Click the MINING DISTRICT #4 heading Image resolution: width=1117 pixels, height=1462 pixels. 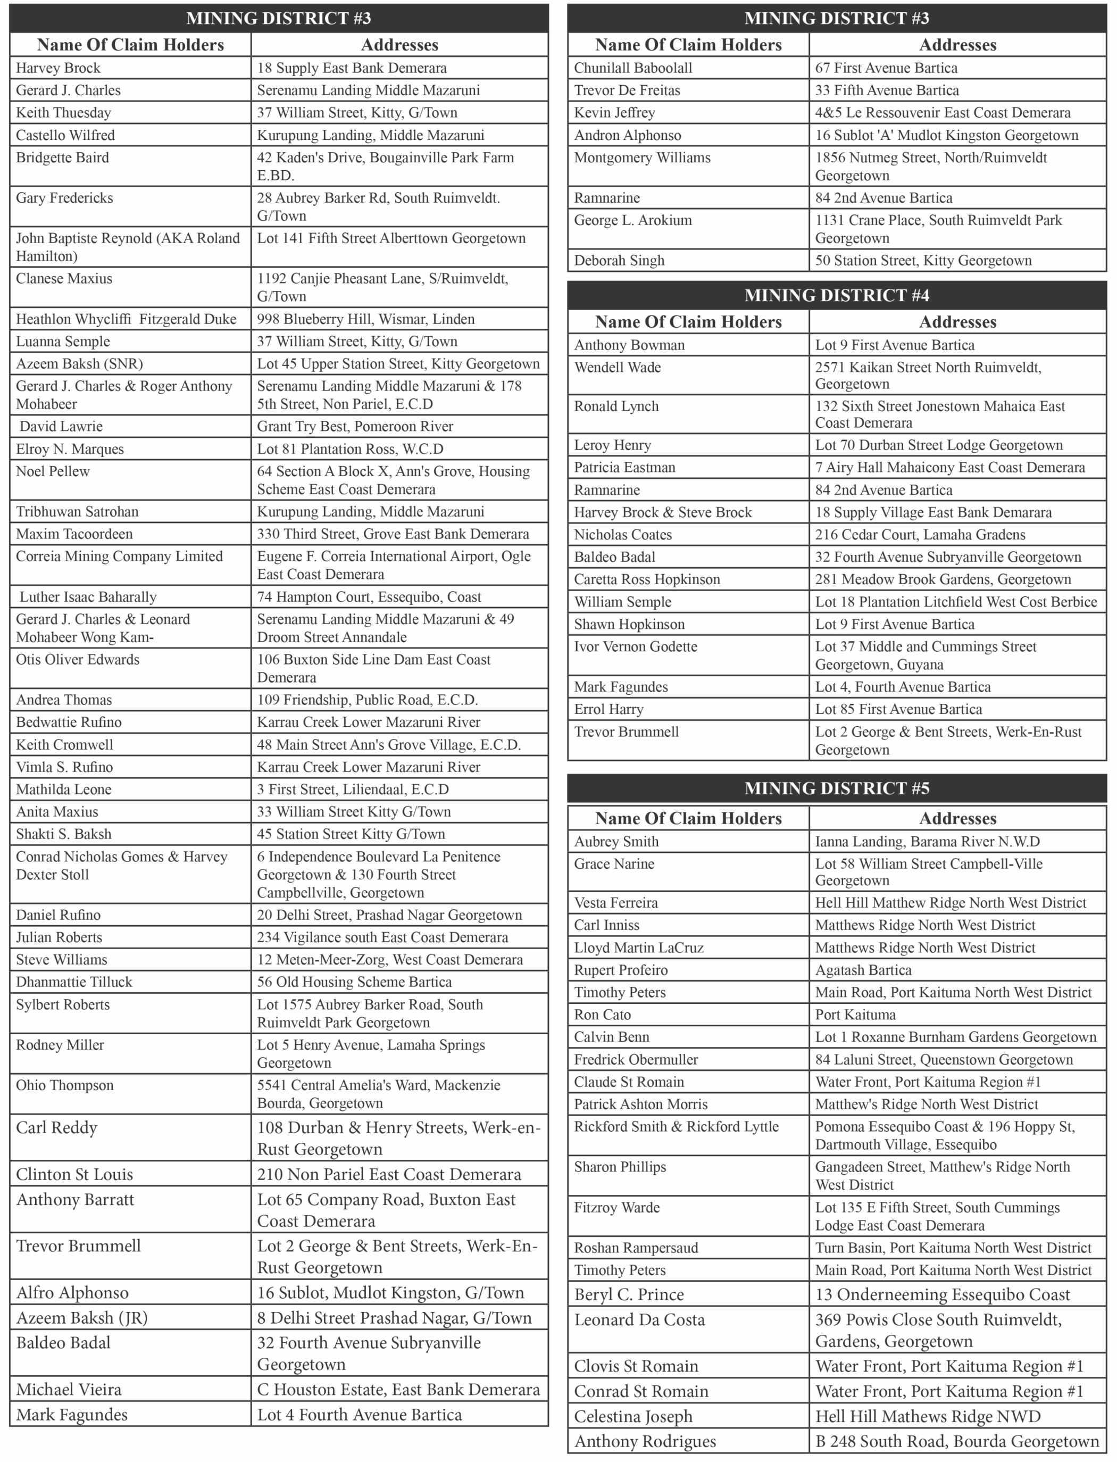click(836, 295)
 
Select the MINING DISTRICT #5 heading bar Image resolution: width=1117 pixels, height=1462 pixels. click(836, 788)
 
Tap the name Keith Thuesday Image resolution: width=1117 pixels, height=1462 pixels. click(63, 112)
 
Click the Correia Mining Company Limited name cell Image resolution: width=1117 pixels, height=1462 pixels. click(119, 556)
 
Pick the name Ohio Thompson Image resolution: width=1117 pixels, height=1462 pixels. click(64, 1085)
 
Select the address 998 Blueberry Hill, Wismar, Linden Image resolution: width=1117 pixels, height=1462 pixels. click(366, 319)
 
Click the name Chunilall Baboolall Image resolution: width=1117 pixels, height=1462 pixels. click(633, 68)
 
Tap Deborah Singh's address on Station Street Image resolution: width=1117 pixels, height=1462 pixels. click(923, 261)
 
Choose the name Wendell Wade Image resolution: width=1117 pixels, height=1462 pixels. click(617, 368)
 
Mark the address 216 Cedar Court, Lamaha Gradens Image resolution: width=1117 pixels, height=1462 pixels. click(920, 535)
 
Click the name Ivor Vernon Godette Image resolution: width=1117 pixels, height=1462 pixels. click(636, 647)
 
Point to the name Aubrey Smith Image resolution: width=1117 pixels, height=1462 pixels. click(616, 842)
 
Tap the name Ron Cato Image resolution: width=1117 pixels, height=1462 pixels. click(602, 1015)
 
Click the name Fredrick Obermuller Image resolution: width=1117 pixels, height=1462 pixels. click(636, 1060)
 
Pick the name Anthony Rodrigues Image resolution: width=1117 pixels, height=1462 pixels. click(645, 1441)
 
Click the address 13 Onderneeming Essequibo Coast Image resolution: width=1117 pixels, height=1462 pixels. click(943, 1294)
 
